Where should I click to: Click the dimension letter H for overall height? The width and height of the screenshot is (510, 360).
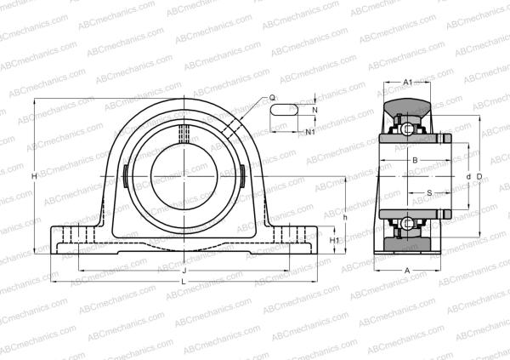click(x=33, y=176)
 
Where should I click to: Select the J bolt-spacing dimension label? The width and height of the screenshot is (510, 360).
click(x=184, y=271)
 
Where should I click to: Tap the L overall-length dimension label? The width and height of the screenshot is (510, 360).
click(x=184, y=282)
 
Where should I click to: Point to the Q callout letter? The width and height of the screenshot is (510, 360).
click(x=272, y=98)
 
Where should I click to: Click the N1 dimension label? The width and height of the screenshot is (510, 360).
click(x=310, y=132)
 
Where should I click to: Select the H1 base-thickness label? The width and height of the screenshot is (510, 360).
click(x=334, y=241)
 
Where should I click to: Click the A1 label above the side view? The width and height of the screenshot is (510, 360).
click(x=407, y=83)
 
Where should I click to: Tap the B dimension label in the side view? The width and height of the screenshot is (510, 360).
click(x=414, y=159)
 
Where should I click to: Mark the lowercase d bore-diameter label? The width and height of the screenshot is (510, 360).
click(x=468, y=176)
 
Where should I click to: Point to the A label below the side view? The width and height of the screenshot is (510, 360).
click(x=406, y=271)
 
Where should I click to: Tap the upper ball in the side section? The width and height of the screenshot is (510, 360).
click(x=409, y=129)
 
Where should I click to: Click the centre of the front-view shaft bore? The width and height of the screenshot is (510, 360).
click(x=184, y=176)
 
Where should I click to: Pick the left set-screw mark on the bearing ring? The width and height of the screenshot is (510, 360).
click(x=125, y=176)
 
